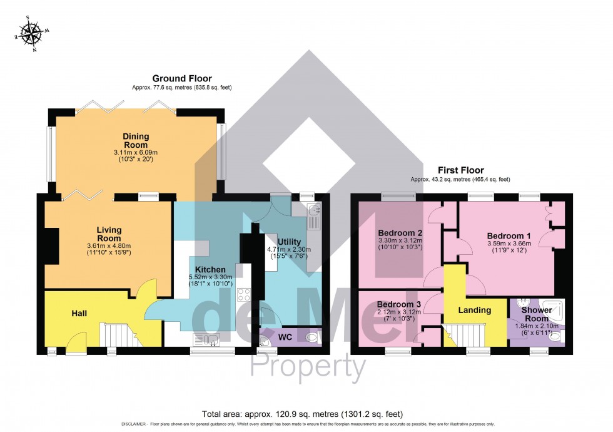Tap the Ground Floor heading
click(x=182, y=78)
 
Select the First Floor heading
click(x=460, y=170)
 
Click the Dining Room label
click(x=135, y=140)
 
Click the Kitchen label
click(x=210, y=269)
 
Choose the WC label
click(x=285, y=337)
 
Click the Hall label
click(x=79, y=312)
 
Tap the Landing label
click(x=475, y=310)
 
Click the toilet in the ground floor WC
click(x=313, y=337)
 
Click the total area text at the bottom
click(x=302, y=414)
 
